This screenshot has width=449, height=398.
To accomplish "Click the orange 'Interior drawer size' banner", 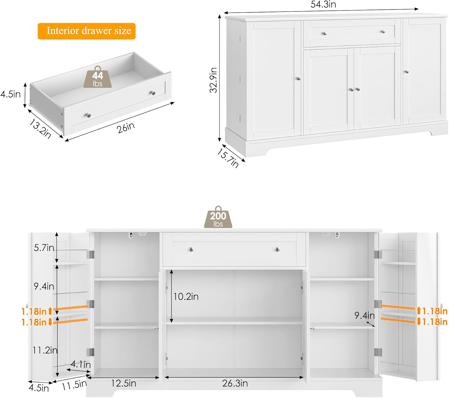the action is (x=87, y=31).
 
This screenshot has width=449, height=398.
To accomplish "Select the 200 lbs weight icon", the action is (x=218, y=217).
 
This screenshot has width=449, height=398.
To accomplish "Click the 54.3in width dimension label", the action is (x=323, y=4).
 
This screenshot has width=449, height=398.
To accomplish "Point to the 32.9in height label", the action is (x=213, y=80).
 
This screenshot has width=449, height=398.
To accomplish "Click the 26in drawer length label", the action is (x=126, y=128).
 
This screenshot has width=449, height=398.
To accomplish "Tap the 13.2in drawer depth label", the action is (x=40, y=129).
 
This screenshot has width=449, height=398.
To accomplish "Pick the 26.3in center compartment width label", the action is (x=235, y=383).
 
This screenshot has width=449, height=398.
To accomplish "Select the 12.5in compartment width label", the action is (x=123, y=383).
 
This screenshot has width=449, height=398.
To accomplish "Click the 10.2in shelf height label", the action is (x=186, y=297).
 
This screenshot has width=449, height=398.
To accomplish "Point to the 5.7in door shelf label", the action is (x=44, y=248).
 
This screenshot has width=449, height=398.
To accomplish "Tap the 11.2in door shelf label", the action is (x=45, y=350).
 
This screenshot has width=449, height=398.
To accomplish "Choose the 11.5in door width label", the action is (x=74, y=385).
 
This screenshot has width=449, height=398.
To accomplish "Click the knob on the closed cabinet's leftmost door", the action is (x=298, y=79).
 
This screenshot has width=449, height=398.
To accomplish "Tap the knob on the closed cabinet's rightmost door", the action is (x=406, y=72).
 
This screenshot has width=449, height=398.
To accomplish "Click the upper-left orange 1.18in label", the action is (x=37, y=311).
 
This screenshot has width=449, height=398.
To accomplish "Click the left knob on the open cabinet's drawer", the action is (x=191, y=250).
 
